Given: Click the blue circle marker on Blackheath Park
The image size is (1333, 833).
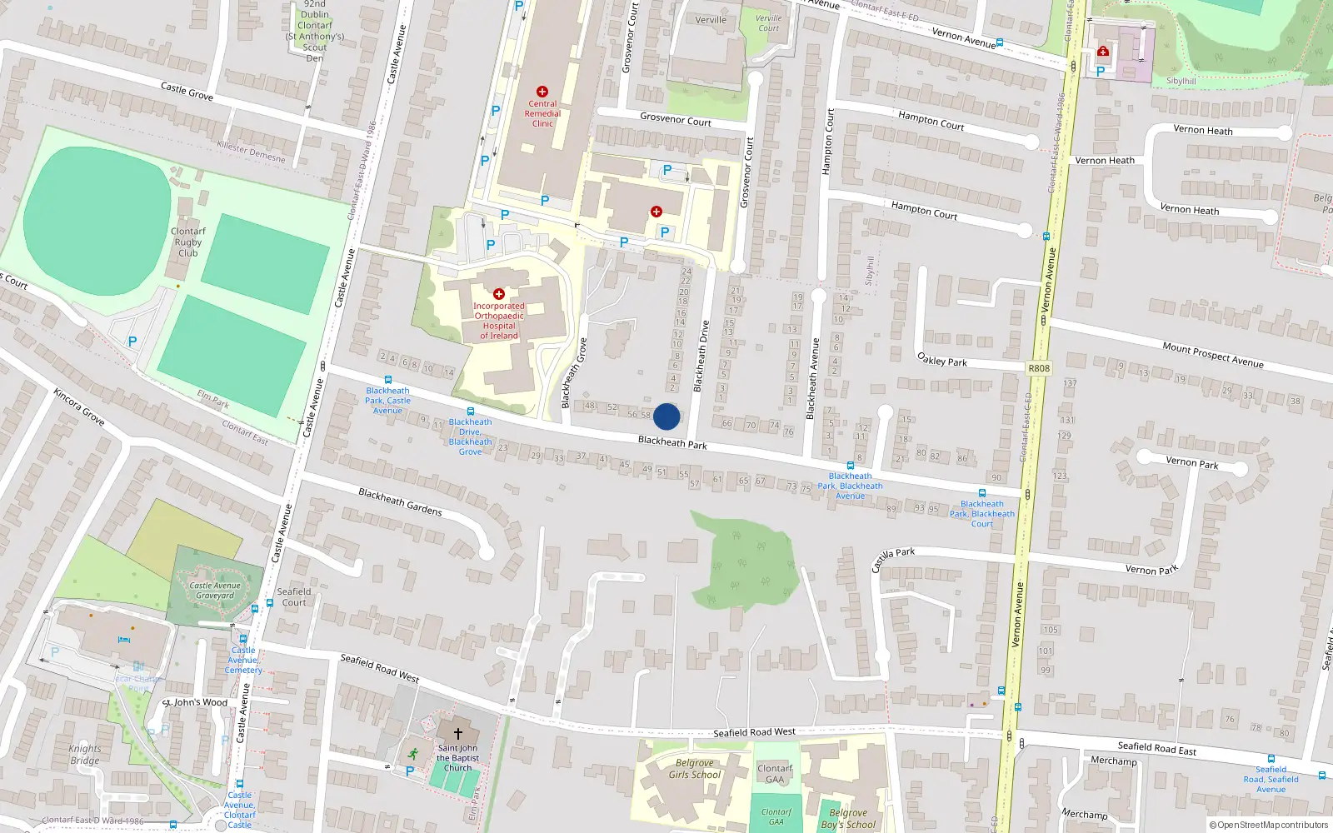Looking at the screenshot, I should tap(666, 416).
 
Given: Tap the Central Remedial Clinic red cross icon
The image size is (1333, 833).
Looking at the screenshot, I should tap(542, 92).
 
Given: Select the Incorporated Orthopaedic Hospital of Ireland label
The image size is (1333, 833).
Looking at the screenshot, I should tap(498, 321).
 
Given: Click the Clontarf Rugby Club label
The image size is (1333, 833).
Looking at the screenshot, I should tap(187, 242).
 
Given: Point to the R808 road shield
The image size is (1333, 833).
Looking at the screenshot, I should tap(1039, 368).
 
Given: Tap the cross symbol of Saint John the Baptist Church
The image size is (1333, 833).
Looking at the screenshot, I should tap(457, 734).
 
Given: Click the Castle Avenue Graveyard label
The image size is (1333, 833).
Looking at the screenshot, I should tap(215, 591).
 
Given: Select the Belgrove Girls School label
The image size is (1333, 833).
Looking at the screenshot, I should tap(694, 769).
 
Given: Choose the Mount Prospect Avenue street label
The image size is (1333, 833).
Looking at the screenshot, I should tap(1213, 355).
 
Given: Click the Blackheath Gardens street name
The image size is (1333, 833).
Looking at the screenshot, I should tap(400, 501).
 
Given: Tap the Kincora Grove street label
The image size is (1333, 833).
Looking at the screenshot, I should tap(79, 407).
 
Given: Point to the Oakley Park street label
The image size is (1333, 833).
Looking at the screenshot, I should tap(942, 360).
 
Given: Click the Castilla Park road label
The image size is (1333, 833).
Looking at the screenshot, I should tap(893, 559).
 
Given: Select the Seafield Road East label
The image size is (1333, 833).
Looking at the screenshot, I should tap(1156, 748).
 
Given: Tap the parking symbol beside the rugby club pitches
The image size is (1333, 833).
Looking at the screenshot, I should tap(132, 342).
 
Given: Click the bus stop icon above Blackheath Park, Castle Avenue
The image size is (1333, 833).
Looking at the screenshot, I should tap(387, 380).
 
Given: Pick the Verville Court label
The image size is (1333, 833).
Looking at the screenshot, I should tap(768, 23).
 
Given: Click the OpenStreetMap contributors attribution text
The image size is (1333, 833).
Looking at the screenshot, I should tap(1268, 826).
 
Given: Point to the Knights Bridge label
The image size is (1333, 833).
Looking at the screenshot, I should tap(84, 755).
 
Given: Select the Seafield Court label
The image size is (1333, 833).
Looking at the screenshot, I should tap(294, 597).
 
